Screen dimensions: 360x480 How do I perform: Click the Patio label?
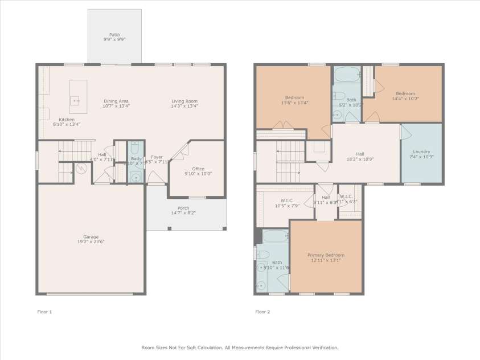(x=115, y=34)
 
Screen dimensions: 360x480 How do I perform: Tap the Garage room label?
(x=91, y=236)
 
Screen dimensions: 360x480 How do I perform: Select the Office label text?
(x=198, y=169)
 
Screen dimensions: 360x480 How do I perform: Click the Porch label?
(x=183, y=208)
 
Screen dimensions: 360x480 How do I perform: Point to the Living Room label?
(x=184, y=101)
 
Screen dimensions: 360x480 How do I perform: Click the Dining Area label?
(x=116, y=101)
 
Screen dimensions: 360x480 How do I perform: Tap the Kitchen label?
(x=67, y=120)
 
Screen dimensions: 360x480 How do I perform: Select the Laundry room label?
(x=421, y=152)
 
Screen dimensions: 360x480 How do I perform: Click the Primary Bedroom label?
(x=326, y=255)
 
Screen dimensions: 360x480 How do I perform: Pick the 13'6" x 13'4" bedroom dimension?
(x=294, y=103)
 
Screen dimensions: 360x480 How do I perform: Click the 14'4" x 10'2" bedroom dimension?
(x=405, y=99)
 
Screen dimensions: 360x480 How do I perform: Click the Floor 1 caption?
(x=44, y=312)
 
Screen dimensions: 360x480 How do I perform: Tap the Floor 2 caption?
(x=262, y=312)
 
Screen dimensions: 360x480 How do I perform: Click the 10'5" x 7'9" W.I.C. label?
(x=287, y=206)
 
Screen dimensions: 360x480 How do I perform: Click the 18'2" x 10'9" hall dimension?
(x=360, y=159)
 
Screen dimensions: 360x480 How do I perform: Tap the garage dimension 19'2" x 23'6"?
(x=91, y=242)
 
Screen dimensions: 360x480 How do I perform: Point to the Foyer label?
(x=157, y=157)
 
